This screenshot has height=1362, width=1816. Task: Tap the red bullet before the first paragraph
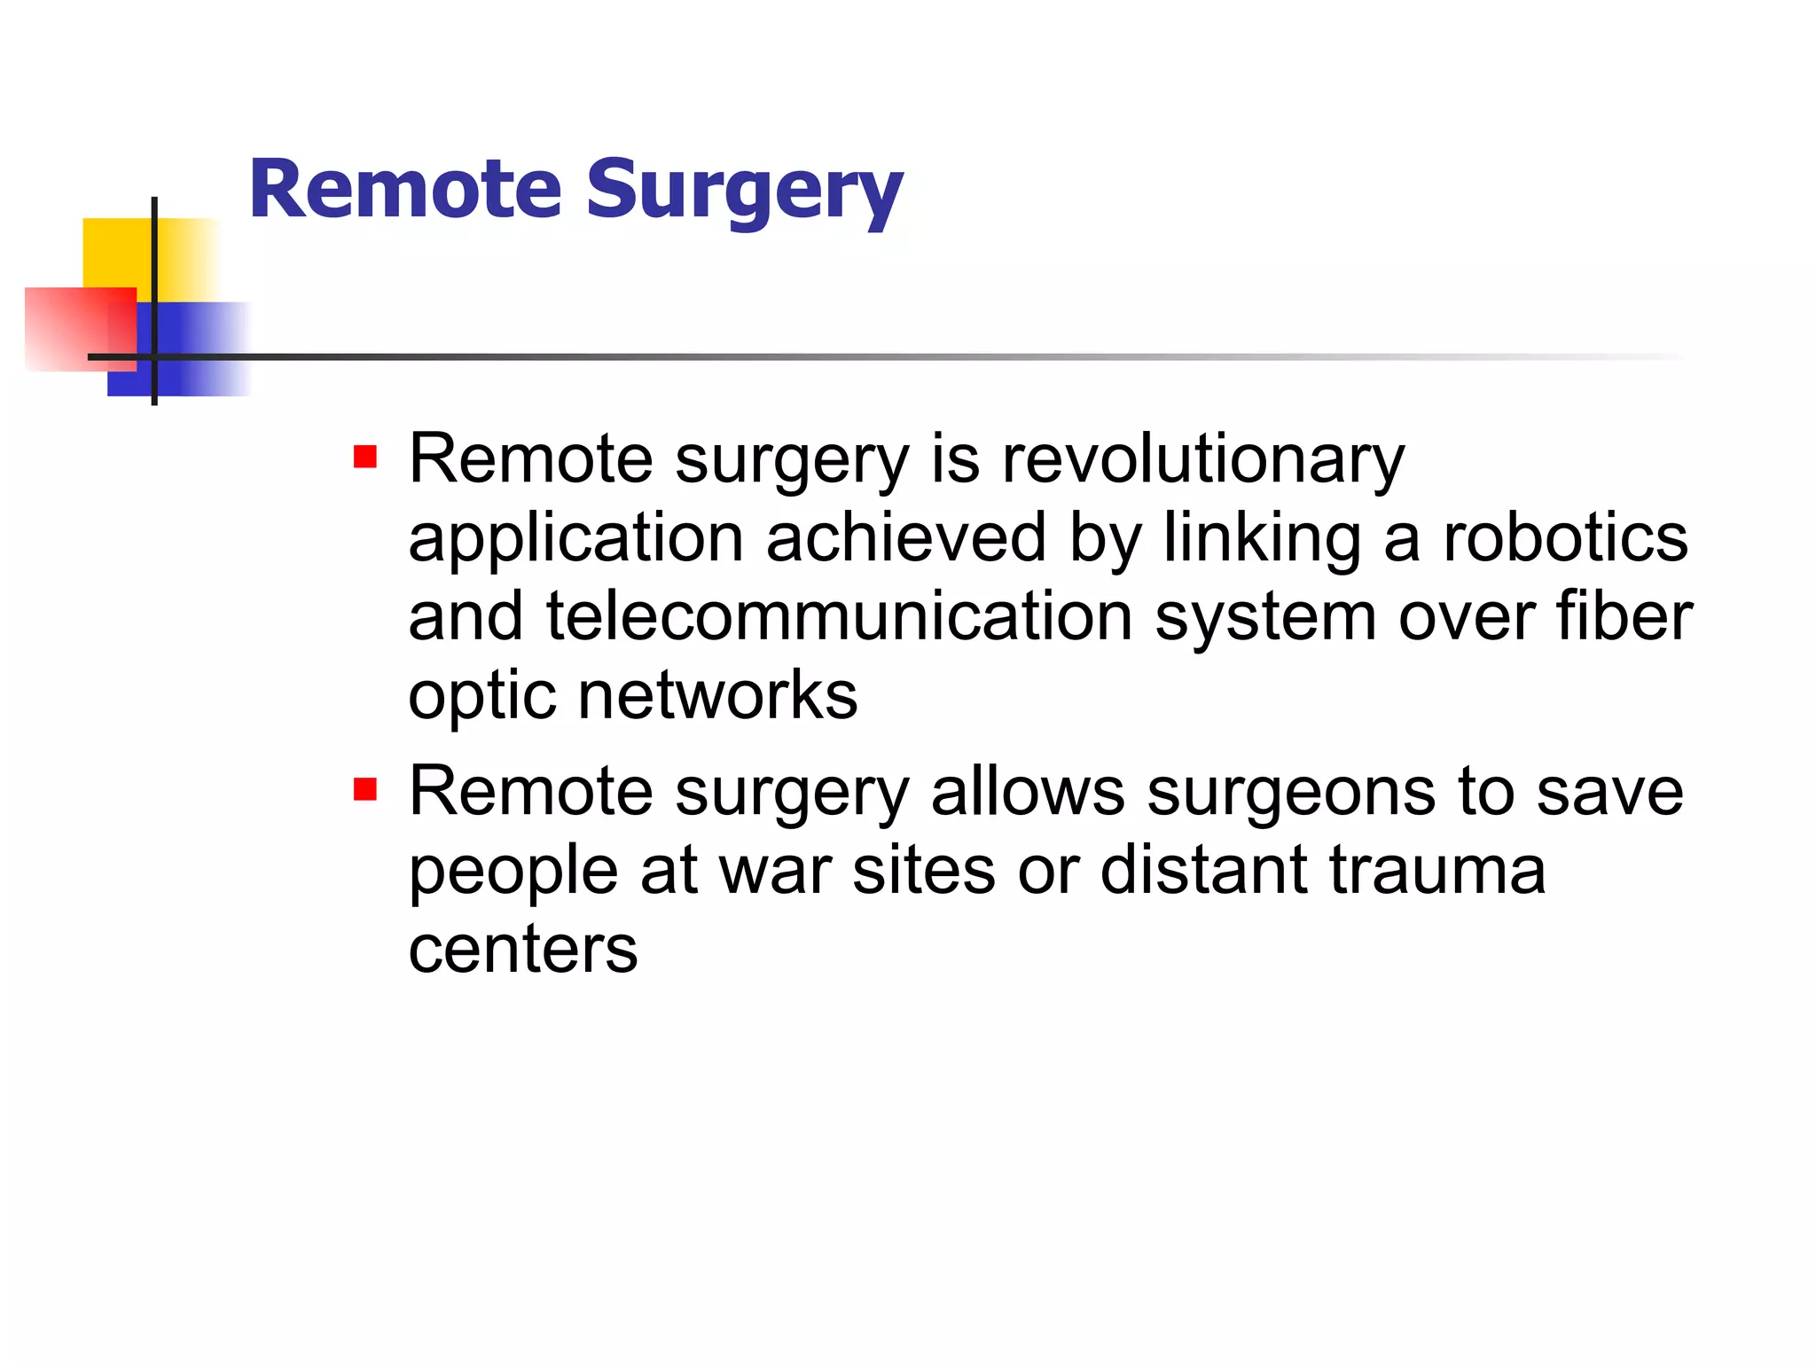tap(365, 458)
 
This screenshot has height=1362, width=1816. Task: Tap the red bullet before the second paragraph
tap(365, 789)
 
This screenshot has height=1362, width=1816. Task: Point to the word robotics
tap(1565, 539)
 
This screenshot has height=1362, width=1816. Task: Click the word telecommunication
tap(839, 617)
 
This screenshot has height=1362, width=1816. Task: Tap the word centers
tap(522, 951)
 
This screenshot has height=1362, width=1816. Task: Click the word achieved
tap(905, 539)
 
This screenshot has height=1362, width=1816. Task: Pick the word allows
tap(1028, 792)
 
